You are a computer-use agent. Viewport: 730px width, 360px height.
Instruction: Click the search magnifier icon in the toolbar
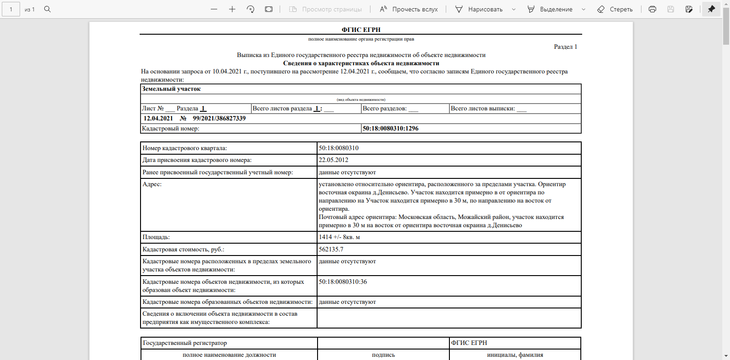coord(47,9)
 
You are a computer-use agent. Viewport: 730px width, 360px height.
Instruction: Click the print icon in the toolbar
coord(652,9)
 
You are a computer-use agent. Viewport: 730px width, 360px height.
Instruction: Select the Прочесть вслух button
coord(409,9)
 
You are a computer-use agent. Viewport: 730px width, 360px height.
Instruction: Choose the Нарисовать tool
coord(480,9)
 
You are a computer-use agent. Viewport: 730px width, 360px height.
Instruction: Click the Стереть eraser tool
coord(615,9)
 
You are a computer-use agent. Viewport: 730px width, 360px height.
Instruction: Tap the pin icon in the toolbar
coord(711,9)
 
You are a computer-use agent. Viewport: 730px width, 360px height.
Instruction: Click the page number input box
coord(11,9)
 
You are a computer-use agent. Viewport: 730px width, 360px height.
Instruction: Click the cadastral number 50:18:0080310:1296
coord(391,129)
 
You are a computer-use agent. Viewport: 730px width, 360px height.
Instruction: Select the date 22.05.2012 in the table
coord(334,160)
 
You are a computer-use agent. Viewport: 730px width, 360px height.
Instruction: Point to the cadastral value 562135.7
coord(331,250)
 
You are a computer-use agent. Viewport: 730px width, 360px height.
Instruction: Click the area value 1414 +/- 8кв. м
coord(339,237)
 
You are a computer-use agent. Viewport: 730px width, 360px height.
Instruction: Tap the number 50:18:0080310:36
coord(343,282)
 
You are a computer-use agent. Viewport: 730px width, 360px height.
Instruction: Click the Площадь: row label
coord(156,237)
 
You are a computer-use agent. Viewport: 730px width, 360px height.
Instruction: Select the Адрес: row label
coord(152,184)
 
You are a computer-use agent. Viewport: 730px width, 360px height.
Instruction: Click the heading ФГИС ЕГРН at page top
coord(361,30)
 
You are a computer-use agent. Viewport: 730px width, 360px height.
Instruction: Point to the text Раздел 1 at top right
coord(565,47)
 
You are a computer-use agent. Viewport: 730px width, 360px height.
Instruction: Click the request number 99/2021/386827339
coord(219,119)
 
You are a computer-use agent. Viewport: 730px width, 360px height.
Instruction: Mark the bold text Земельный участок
coord(171,89)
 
